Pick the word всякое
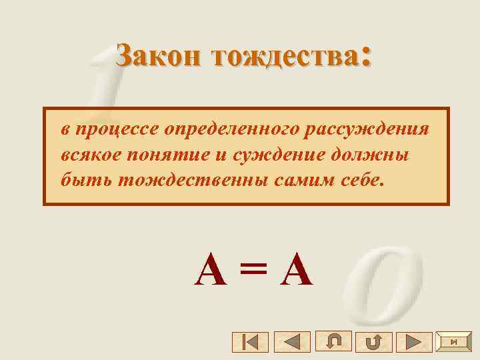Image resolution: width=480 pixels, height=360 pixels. (x=89, y=155)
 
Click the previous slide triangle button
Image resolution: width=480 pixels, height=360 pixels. (x=291, y=342)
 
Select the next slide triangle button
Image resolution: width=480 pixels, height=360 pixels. (x=414, y=342)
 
